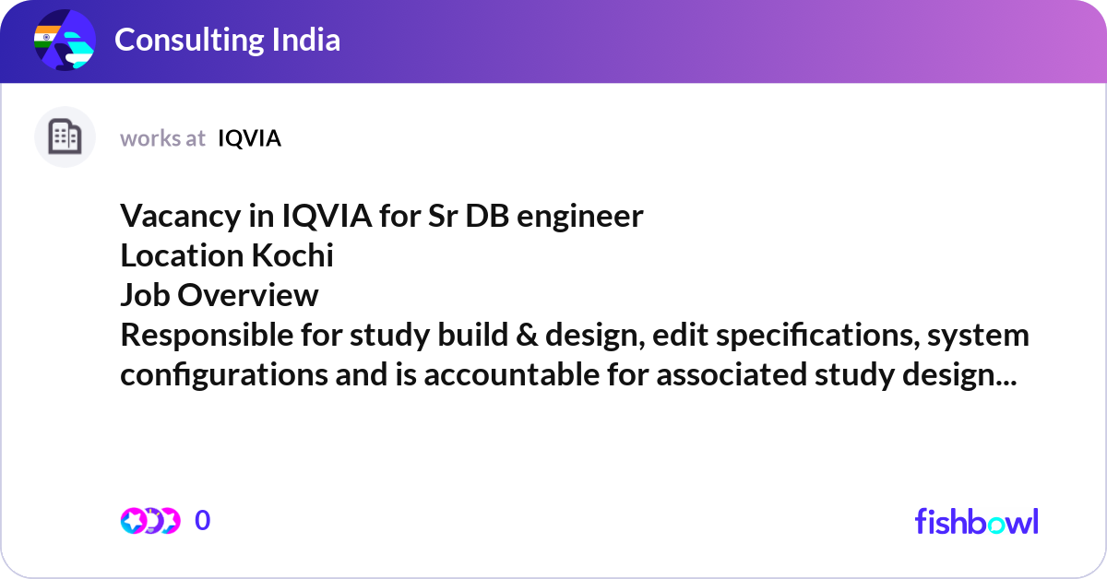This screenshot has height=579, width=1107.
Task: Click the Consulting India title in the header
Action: pyautogui.click(x=227, y=40)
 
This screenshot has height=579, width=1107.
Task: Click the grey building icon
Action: pyautogui.click(x=65, y=137)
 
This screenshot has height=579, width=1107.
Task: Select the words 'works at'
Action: pyautogui.click(x=162, y=138)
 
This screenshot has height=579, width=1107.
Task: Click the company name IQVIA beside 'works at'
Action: pyautogui.click(x=249, y=138)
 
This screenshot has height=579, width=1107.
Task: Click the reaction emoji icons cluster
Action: pyautogui.click(x=149, y=521)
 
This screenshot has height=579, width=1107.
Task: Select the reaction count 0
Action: pyautogui.click(x=203, y=521)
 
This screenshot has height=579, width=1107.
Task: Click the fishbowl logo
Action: pyautogui.click(x=976, y=521)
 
